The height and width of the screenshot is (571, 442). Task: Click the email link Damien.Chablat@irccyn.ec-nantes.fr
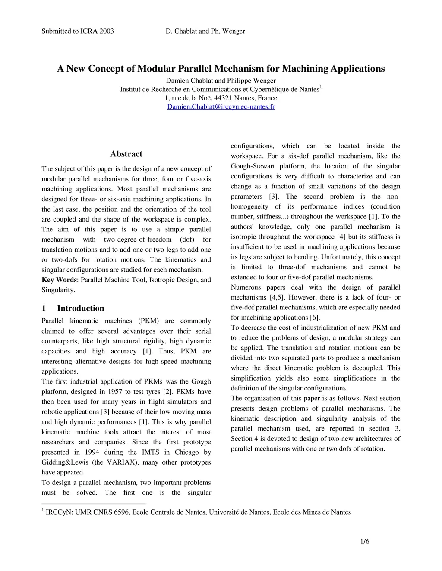pos(221,107)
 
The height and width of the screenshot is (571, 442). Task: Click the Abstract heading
pos(126,154)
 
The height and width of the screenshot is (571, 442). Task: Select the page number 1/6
pos(365,542)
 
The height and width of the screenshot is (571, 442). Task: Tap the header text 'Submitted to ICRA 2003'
pos(78,31)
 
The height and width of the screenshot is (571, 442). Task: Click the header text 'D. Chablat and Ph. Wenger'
pos(205,31)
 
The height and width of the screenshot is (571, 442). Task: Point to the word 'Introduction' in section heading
pos(81,309)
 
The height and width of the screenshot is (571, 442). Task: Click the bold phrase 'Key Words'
pos(59,280)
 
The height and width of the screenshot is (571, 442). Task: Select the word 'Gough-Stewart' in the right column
pos(253,166)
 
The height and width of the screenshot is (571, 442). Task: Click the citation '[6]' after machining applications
pos(315,318)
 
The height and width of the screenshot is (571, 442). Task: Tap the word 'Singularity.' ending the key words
pos(58,290)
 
